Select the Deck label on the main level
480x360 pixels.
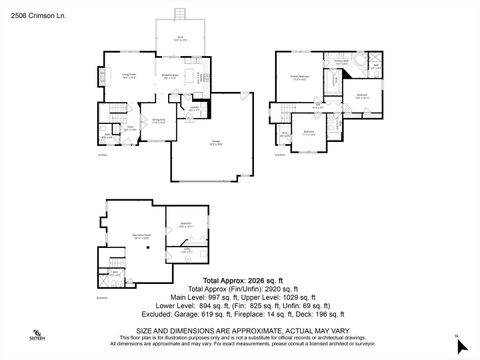tap(180, 38)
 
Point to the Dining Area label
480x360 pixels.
tap(158, 120)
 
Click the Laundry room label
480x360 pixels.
tap(195, 109)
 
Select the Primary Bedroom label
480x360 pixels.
tap(298, 76)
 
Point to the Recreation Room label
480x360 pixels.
tap(142, 238)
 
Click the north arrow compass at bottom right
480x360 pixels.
tap(458, 342)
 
